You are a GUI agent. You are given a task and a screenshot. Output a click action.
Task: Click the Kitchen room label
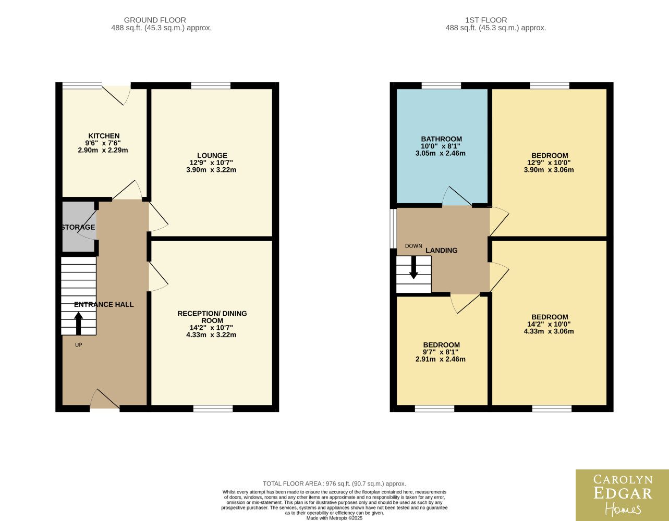(104, 136)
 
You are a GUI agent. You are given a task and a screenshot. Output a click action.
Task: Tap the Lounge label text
(212, 156)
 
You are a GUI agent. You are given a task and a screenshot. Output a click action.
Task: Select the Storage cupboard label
(78, 227)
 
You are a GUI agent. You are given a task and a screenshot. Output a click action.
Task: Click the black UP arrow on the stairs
(79, 324)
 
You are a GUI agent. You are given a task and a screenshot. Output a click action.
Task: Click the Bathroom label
(442, 139)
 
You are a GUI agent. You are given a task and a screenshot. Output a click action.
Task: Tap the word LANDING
(442, 251)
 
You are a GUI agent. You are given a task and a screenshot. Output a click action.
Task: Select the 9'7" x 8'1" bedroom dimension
(441, 352)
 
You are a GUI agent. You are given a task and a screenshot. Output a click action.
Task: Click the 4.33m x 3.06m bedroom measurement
(549, 331)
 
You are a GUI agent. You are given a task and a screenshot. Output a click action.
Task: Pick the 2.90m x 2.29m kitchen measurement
(103, 151)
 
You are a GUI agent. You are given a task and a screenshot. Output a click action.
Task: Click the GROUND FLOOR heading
(155, 20)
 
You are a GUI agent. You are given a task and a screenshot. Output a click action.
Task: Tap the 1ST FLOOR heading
(486, 20)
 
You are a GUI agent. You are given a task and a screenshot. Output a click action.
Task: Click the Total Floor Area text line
(334, 484)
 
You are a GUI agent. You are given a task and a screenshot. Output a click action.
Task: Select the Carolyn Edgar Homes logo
(622, 495)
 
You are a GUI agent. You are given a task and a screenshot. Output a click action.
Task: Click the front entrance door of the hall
(104, 399)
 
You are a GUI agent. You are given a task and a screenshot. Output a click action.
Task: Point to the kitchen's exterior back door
(116, 95)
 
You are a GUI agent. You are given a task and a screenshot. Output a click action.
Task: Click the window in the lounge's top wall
(211, 85)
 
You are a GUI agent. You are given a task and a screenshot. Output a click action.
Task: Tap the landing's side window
(393, 229)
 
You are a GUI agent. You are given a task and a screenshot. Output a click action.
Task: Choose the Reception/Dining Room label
(212, 317)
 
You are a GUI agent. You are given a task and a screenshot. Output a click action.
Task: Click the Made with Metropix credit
(334, 518)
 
